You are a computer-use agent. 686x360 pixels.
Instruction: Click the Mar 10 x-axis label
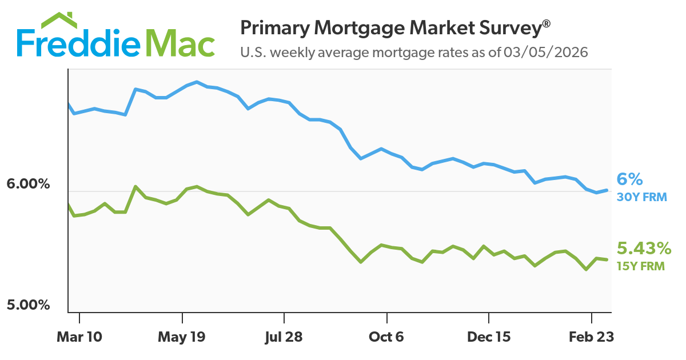[x=79, y=337]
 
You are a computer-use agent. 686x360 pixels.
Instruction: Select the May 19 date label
[x=182, y=337]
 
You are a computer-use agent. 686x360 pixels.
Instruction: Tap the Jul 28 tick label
[x=284, y=337]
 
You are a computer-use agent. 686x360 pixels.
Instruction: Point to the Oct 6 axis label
[x=387, y=337]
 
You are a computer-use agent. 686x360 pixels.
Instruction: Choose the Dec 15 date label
[x=489, y=337]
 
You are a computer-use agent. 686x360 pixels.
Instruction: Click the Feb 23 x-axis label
[x=591, y=337]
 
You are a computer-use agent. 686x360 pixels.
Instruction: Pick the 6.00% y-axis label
[x=29, y=185]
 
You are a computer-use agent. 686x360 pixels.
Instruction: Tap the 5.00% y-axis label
[x=29, y=305]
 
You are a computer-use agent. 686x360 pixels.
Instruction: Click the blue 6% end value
[x=630, y=179]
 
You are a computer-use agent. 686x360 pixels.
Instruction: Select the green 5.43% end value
[x=644, y=249]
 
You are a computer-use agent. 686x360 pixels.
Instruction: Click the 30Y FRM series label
[x=641, y=197]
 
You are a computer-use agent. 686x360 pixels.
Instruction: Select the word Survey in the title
[x=510, y=28]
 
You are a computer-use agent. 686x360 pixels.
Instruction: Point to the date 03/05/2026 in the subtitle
[x=545, y=53]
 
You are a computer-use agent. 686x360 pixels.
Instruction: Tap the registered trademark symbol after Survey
[x=547, y=23]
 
